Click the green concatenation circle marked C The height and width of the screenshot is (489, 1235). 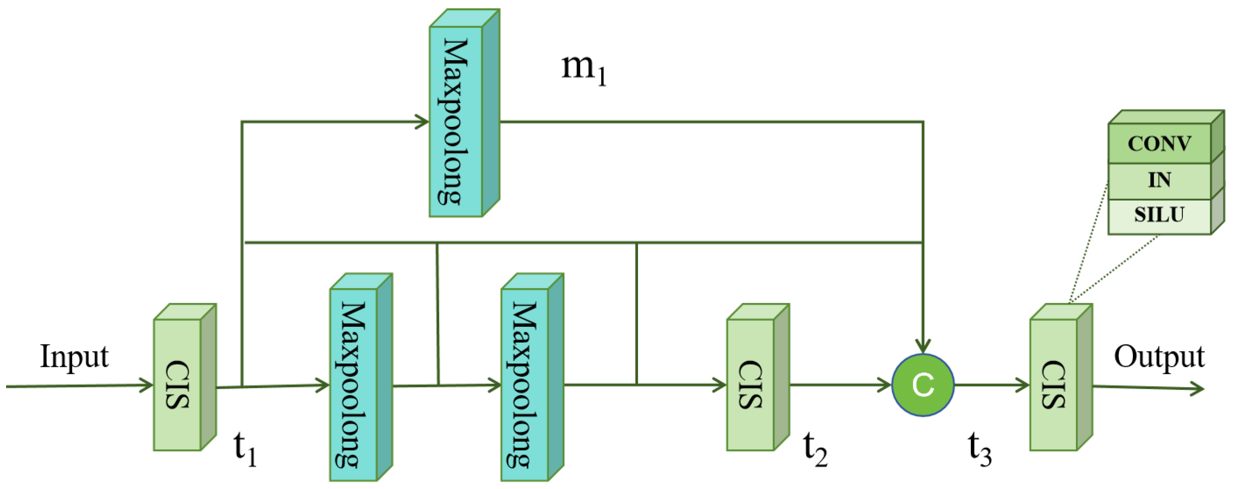click(922, 385)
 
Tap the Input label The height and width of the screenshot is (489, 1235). click(74, 358)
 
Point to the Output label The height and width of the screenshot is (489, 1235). click(1159, 358)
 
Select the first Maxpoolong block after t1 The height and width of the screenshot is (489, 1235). click(353, 384)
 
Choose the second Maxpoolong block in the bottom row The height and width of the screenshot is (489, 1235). click(525, 384)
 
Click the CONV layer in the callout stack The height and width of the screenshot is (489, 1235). click(1159, 143)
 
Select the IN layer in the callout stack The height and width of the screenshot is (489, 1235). click(1159, 181)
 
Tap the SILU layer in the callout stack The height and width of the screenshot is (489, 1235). click(1159, 215)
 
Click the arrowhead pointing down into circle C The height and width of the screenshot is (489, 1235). click(922, 347)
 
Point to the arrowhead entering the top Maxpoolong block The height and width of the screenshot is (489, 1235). click(422, 121)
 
